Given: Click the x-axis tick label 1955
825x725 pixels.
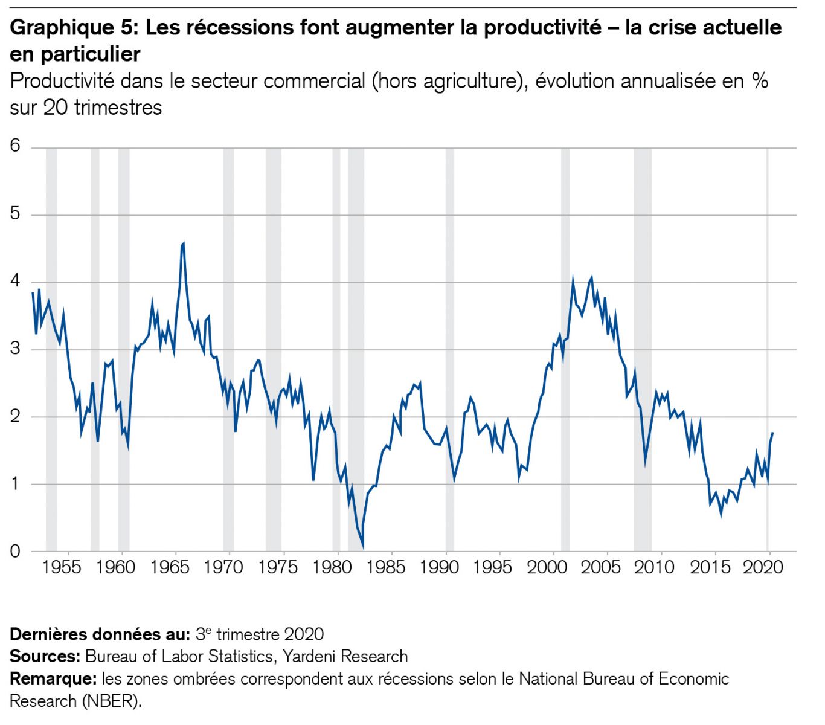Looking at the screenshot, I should click(62, 568).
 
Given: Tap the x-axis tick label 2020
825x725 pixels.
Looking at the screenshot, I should click(763, 568).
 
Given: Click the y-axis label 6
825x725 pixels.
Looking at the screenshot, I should click(15, 146).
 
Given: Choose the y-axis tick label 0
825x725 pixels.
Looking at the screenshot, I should click(15, 551).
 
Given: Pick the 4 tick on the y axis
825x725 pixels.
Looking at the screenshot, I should click(15, 281).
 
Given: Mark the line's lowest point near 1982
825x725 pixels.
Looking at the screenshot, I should click(363, 549).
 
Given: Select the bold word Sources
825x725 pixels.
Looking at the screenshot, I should click(45, 656).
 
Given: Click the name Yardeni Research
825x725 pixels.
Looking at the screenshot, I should click(345, 656).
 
